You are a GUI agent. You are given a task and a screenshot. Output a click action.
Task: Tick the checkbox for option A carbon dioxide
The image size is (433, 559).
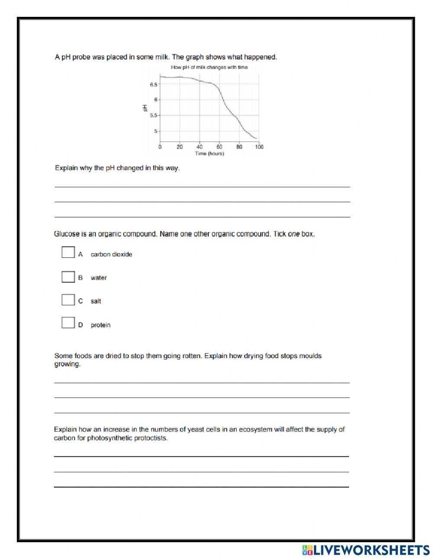pyautogui.click(x=68, y=252)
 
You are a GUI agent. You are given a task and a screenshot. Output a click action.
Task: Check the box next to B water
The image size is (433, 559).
pyautogui.click(x=68, y=276)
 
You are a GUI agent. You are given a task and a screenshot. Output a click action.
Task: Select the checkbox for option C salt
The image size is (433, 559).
pyautogui.click(x=68, y=300)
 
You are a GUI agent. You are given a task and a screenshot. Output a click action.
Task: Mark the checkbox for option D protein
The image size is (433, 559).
pyautogui.click(x=68, y=323)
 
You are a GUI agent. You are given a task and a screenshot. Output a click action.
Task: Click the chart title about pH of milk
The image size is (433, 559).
pyautogui.click(x=209, y=67)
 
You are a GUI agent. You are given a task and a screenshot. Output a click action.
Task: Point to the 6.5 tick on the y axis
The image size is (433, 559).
pyautogui.click(x=154, y=84)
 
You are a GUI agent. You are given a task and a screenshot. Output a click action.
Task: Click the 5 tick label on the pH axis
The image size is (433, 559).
pyautogui.click(x=156, y=131)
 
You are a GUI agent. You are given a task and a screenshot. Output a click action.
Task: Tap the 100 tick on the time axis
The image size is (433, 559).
pyautogui.click(x=259, y=147)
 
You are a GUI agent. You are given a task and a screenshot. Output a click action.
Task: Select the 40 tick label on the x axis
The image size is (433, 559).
pyautogui.click(x=199, y=147)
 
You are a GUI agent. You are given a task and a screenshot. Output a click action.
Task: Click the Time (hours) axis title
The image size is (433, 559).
pyautogui.click(x=209, y=154)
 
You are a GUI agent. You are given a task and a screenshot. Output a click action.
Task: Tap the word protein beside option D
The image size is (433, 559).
pyautogui.click(x=100, y=325)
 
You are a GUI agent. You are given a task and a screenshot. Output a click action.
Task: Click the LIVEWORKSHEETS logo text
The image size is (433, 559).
pyautogui.click(x=371, y=550)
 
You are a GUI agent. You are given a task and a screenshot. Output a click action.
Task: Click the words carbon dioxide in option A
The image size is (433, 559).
pyautogui.click(x=111, y=254)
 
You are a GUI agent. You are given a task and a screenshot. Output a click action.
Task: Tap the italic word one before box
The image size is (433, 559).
pyautogui.click(x=294, y=234)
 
